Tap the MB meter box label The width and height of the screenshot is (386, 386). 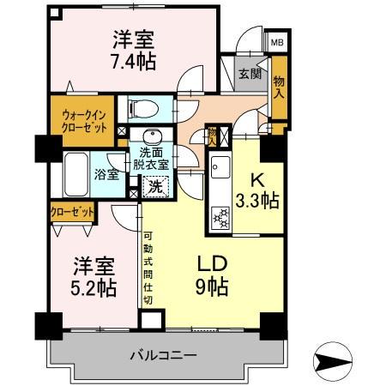278,41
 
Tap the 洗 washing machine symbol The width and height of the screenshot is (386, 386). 154,184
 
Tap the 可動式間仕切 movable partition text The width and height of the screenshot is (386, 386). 148,266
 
